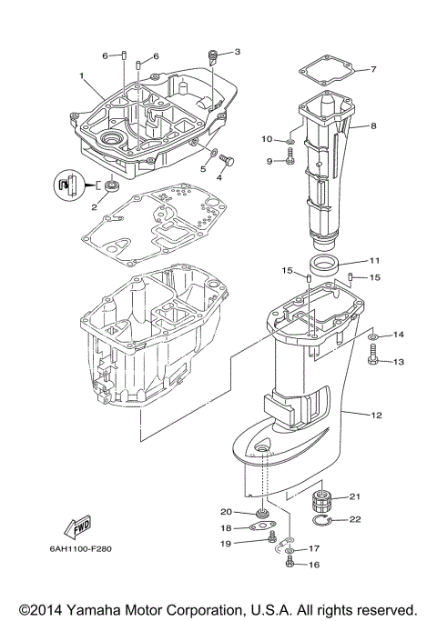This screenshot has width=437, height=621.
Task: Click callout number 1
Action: [x=81, y=75]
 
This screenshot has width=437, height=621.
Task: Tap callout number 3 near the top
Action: [x=237, y=52]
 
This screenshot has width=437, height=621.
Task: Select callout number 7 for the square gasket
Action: [x=372, y=69]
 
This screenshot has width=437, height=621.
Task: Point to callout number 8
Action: [x=372, y=126]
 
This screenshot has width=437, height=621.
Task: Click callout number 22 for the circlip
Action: [x=355, y=519]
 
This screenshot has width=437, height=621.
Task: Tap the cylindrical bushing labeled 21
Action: [x=320, y=501]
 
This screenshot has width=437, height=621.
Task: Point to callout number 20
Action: [x=227, y=511]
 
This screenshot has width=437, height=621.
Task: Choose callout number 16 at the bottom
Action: [x=314, y=565]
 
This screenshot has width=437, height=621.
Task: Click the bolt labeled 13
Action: [x=374, y=362]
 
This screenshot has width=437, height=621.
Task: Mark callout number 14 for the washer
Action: [x=398, y=336]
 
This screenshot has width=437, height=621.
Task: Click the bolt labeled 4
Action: [x=227, y=161]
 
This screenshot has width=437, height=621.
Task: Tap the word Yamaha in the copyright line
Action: [x=99, y=608]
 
